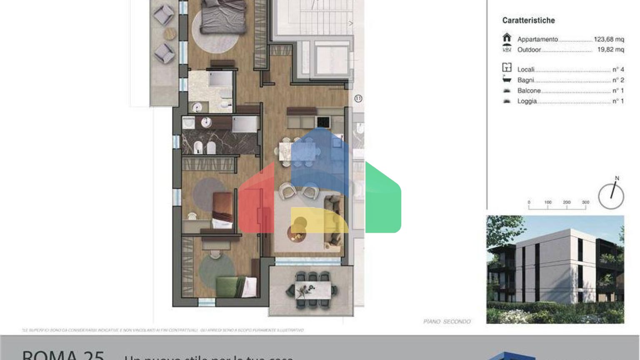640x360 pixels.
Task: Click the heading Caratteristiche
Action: pyautogui.click(x=528, y=20)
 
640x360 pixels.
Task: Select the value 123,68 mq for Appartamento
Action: pyautogui.click(x=609, y=39)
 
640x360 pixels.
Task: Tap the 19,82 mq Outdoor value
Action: pyautogui.click(x=610, y=50)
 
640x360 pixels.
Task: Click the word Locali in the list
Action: pyautogui.click(x=526, y=70)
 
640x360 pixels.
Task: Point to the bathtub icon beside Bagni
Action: pyautogui.click(x=507, y=79)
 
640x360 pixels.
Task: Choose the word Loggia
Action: pyautogui.click(x=527, y=101)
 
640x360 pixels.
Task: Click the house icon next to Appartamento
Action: pyautogui.click(x=507, y=37)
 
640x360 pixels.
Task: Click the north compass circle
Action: pyautogui.click(x=611, y=196)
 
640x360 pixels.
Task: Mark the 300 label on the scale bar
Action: pyautogui.click(x=585, y=202)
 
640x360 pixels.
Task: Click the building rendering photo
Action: pyautogui.click(x=555, y=269)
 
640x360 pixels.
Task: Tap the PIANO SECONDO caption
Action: pyautogui.click(x=447, y=322)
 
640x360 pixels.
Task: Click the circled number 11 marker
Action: pyautogui.click(x=358, y=99)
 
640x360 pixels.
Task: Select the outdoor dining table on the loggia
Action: pyautogui.click(x=313, y=290)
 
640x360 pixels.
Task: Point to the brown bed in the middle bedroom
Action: pyautogui.click(x=222, y=210)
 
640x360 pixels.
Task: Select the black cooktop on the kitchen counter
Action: pyautogui.click(x=323, y=122)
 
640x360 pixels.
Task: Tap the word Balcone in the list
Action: pyautogui.click(x=529, y=91)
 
